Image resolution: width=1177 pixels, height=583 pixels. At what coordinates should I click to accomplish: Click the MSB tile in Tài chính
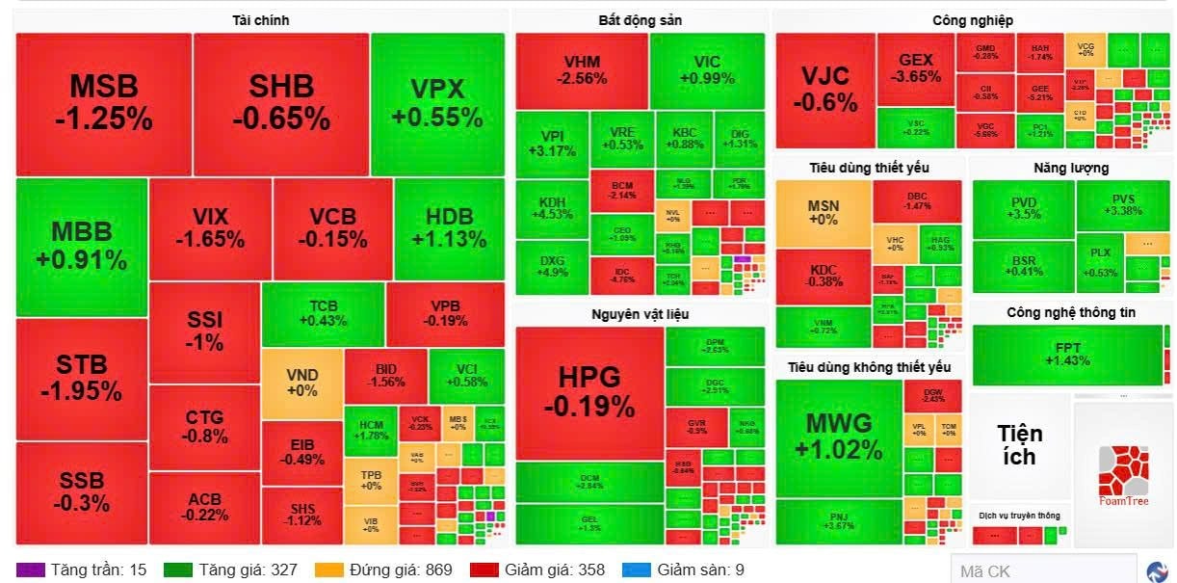point(103,103)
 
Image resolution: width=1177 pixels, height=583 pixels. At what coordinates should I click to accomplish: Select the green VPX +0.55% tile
point(437,103)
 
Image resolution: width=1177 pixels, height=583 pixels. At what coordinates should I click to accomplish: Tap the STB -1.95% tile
point(81,378)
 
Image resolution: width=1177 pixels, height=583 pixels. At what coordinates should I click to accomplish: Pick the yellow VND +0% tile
point(301,383)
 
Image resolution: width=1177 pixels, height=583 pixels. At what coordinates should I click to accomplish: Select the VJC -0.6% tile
point(824,90)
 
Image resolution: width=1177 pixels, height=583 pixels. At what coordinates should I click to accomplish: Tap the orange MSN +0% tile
point(823,213)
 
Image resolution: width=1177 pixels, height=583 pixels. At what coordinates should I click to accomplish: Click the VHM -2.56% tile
point(581,70)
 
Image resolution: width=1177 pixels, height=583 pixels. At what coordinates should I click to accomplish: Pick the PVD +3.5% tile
point(1022,208)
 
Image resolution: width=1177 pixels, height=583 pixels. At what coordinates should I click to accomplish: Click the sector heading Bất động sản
point(640,20)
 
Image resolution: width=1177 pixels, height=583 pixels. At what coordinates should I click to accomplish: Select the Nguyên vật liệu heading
point(640,314)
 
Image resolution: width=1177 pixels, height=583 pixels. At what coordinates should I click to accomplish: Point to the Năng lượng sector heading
point(1070,168)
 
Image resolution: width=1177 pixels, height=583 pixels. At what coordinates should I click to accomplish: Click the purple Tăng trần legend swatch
point(30,570)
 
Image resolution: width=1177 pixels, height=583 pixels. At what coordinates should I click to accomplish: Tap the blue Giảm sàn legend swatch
point(637,570)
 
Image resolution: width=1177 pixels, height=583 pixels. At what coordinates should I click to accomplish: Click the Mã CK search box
point(1040,570)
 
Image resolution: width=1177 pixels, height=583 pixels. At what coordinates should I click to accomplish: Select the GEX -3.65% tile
point(915,68)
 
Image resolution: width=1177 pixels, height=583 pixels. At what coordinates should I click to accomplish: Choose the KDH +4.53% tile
point(551,207)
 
